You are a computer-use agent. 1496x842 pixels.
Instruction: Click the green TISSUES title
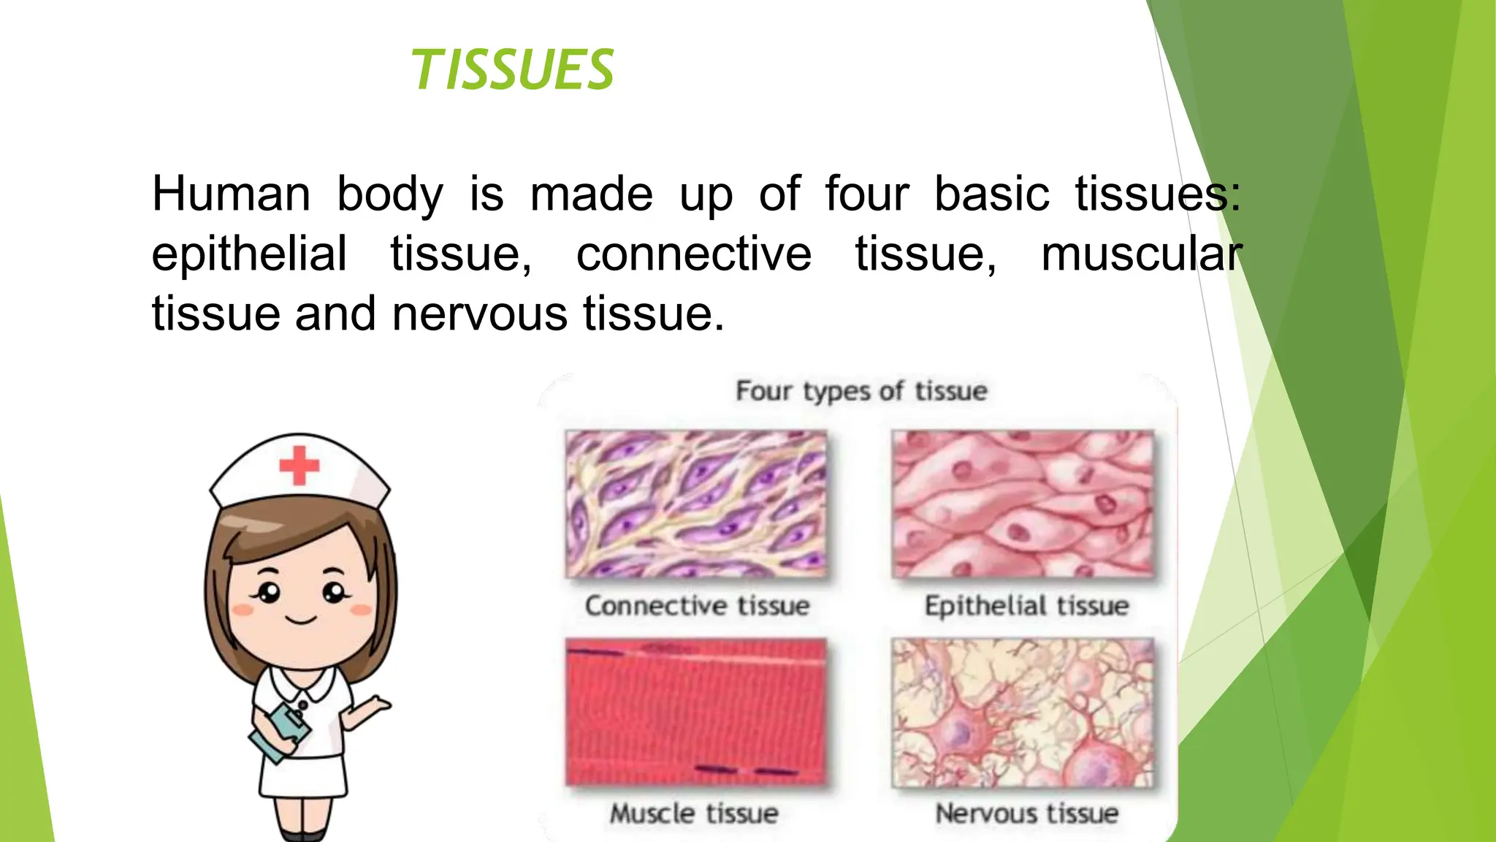click(x=513, y=70)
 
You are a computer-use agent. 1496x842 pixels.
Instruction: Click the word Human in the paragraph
click(x=231, y=194)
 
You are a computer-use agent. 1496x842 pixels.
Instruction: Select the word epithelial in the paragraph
click(x=249, y=254)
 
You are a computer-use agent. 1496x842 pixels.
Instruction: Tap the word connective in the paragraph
click(x=693, y=254)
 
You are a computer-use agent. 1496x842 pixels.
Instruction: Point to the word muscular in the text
click(x=1140, y=254)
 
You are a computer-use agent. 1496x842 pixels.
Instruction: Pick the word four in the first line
click(x=866, y=194)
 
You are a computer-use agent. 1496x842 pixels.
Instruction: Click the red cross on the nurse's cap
click(x=299, y=465)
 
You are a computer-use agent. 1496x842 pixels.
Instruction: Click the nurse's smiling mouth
click(x=300, y=621)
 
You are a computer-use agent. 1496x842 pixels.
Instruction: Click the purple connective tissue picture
click(x=696, y=504)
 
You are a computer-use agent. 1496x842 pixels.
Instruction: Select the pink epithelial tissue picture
click(x=1023, y=504)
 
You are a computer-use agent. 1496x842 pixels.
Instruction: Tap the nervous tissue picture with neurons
click(x=1023, y=713)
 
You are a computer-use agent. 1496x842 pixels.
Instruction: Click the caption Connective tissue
click(x=697, y=606)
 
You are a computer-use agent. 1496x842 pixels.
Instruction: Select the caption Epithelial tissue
click(x=1026, y=606)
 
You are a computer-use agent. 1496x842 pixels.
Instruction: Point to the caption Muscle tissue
click(x=694, y=813)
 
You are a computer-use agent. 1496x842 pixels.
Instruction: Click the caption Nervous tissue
click(x=1026, y=813)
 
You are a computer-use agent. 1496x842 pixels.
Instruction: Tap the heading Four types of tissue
click(x=861, y=391)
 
